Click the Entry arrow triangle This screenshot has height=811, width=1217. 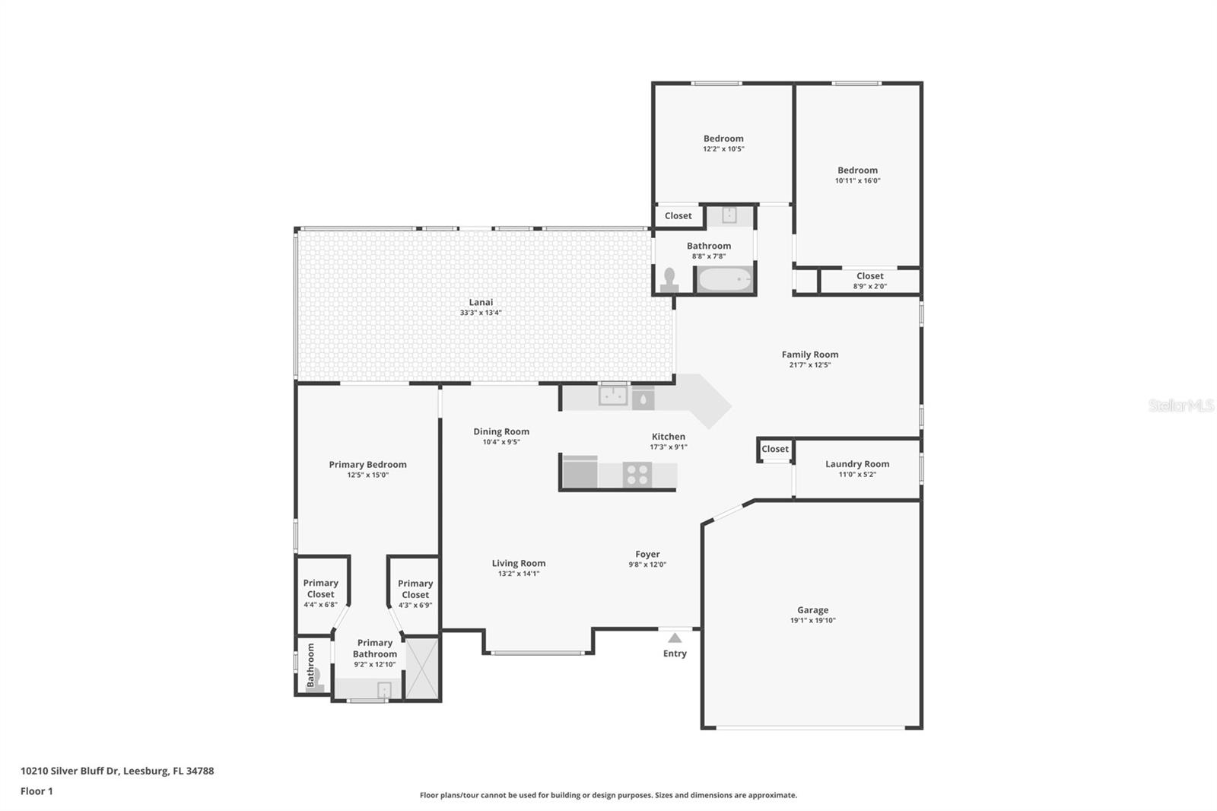pyautogui.click(x=675, y=638)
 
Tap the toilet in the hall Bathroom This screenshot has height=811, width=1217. pyautogui.click(x=669, y=280)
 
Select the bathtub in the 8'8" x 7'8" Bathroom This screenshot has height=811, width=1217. pyautogui.click(x=725, y=279)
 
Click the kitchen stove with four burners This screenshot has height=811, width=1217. pyautogui.click(x=637, y=474)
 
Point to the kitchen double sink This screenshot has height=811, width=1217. pyautogui.click(x=613, y=396)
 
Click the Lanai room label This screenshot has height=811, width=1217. pyautogui.click(x=481, y=302)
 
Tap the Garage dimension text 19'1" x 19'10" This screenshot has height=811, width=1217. pyautogui.click(x=812, y=620)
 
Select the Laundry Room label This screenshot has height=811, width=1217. pyautogui.click(x=857, y=463)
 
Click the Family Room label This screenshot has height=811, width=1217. pyautogui.click(x=810, y=354)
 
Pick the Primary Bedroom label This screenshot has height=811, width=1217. pyautogui.click(x=367, y=464)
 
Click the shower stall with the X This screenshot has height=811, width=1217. pyautogui.click(x=421, y=669)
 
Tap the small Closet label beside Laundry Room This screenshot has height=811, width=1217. pyautogui.click(x=775, y=449)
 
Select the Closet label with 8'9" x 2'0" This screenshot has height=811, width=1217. pyautogui.click(x=869, y=276)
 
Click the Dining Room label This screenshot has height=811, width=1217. pyautogui.click(x=501, y=431)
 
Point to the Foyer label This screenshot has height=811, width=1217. pyautogui.click(x=647, y=554)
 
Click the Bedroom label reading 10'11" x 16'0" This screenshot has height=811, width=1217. pyautogui.click(x=857, y=170)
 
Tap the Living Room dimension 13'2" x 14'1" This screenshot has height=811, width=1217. pyautogui.click(x=519, y=574)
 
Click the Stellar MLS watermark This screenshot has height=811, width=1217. pyautogui.click(x=1180, y=405)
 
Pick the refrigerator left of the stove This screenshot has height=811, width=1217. pyautogui.click(x=580, y=472)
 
